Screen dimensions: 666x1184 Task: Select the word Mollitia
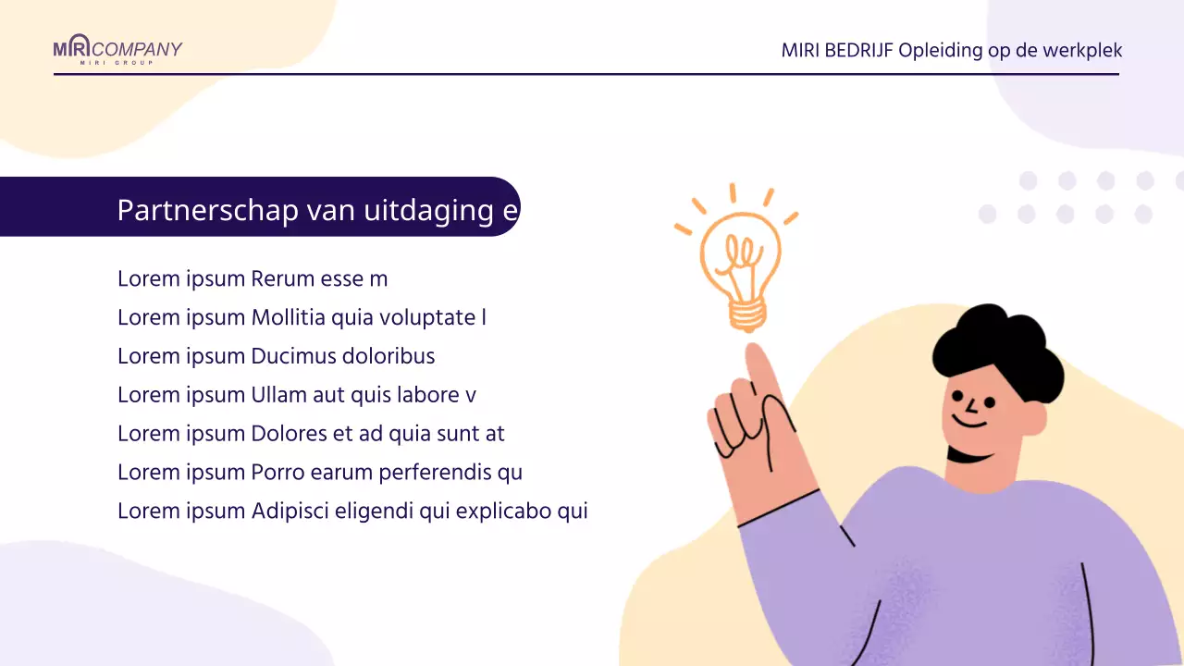click(289, 317)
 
